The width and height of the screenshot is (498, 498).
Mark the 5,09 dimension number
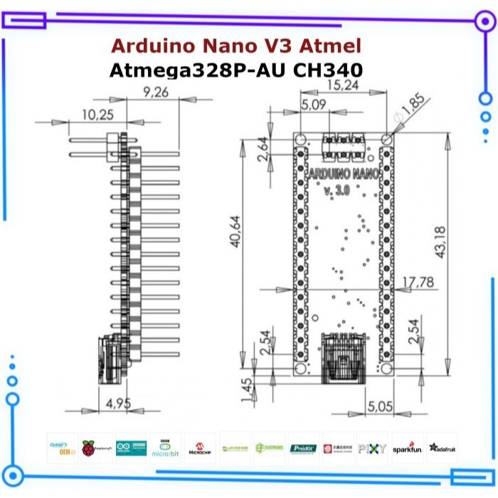314,105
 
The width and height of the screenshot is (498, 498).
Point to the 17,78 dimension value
418,282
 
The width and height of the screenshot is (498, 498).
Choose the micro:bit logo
165,449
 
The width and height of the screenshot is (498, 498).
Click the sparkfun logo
407,449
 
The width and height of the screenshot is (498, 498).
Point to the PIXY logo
372,449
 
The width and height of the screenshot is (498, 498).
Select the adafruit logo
443,447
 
